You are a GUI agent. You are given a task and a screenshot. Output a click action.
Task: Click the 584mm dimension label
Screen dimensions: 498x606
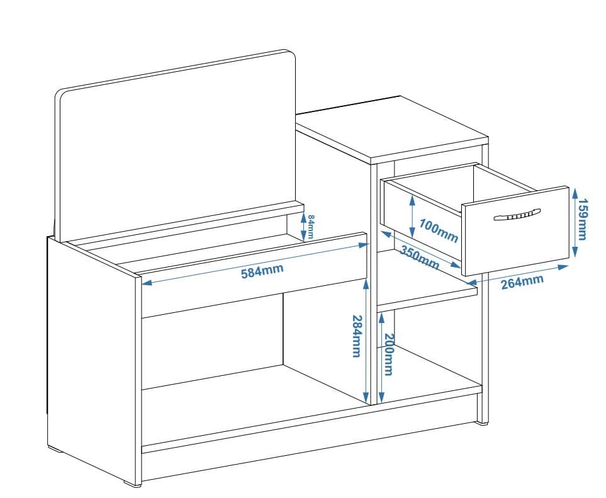(x=262, y=271)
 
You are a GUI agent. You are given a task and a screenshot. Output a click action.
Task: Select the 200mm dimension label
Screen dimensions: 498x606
(x=388, y=354)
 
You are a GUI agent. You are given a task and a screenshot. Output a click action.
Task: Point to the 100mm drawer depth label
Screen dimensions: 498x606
(x=438, y=231)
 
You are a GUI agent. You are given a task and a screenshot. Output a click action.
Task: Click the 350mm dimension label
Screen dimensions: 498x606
(x=420, y=257)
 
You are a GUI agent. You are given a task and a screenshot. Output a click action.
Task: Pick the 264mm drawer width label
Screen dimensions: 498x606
(x=522, y=282)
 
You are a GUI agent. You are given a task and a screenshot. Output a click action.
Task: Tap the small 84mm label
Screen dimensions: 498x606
(x=311, y=226)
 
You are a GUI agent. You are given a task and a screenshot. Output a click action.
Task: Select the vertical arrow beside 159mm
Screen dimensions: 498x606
(x=573, y=222)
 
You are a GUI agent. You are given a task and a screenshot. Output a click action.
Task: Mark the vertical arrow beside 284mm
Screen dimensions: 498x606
(x=366, y=340)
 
